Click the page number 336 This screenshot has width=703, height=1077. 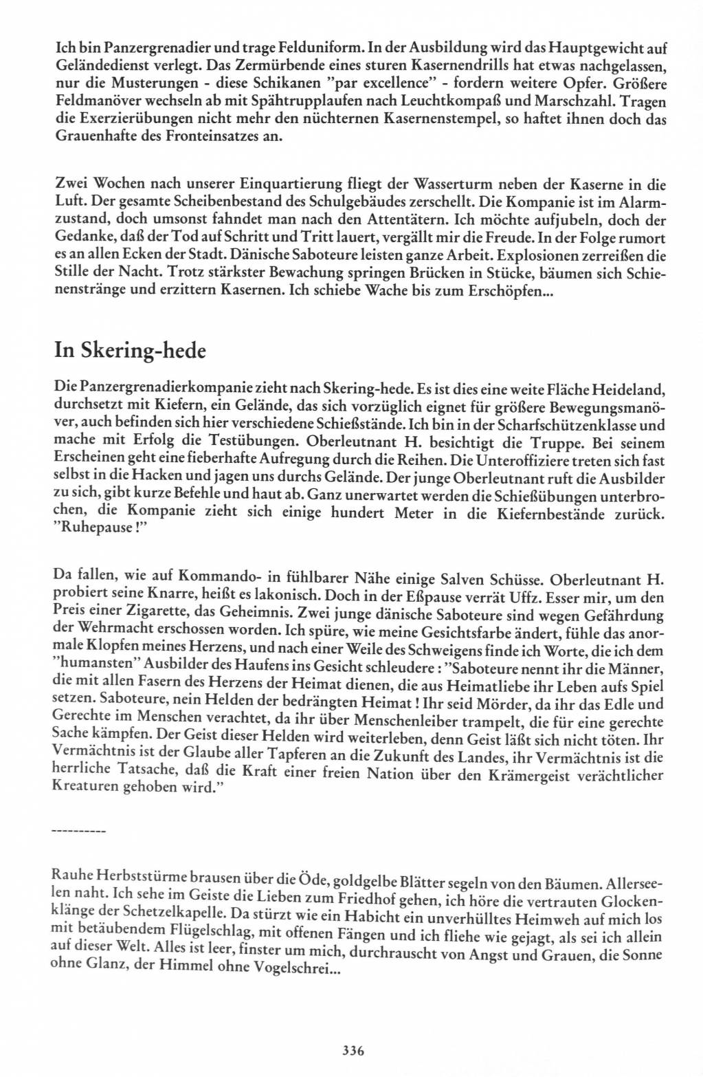pyautogui.click(x=352, y=1050)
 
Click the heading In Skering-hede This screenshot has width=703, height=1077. pyautogui.click(x=130, y=351)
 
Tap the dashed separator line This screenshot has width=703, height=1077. pyautogui.click(x=78, y=833)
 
